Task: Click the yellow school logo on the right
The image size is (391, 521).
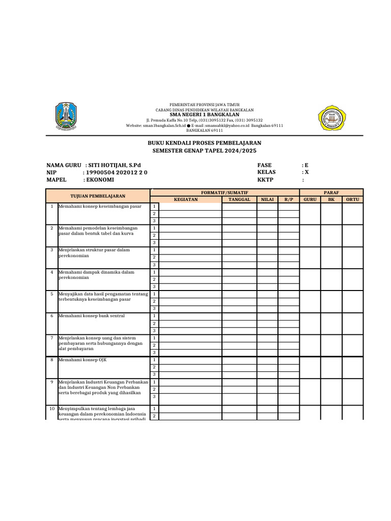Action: point(331,118)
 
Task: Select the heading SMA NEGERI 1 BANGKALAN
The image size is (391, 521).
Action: point(204,114)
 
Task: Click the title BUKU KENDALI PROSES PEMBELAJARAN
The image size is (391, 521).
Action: point(204,143)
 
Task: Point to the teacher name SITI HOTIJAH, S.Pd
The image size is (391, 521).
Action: point(114,165)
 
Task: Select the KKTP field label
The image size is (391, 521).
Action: point(265,180)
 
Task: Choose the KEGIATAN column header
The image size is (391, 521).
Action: point(186,199)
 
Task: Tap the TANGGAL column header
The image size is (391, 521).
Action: point(239,199)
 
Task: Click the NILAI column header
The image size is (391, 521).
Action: point(267,199)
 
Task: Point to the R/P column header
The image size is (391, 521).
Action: point(289,199)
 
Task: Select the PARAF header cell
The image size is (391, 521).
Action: point(331,192)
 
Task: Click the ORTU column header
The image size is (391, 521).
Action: point(352,199)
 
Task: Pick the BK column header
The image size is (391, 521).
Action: point(331,199)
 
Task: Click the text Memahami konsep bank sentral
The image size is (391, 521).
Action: point(92,316)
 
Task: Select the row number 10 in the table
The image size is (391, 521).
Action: point(51,409)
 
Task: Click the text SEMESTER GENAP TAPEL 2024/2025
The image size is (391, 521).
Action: point(204,151)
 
